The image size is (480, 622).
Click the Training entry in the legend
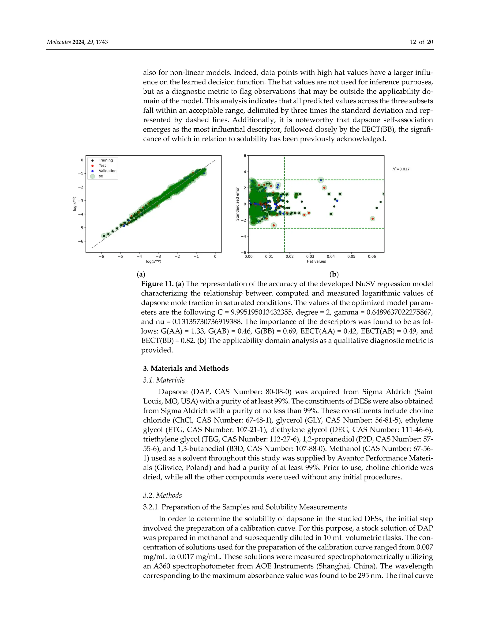(105, 160)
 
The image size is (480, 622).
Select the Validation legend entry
(107, 171)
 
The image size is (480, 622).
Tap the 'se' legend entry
(101, 176)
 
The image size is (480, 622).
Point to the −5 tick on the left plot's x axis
(120, 256)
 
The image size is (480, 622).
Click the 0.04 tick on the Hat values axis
(331, 256)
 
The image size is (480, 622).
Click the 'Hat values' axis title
(316, 261)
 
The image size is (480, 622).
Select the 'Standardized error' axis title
(237, 204)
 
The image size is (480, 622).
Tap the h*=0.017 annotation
(401, 169)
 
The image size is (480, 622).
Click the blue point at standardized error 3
(321, 180)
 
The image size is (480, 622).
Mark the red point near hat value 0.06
(372, 219)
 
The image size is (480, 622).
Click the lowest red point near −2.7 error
(274, 225)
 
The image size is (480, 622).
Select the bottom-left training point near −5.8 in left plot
(104, 236)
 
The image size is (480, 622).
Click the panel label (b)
(334, 274)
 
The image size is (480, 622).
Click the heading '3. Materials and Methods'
(186, 368)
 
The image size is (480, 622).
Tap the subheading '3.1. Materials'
(164, 380)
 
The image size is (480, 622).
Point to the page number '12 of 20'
(421, 42)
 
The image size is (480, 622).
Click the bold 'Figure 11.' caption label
(157, 284)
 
